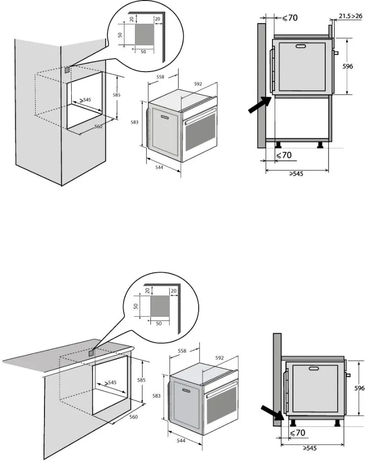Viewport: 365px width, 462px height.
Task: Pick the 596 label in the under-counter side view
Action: [x=359, y=389]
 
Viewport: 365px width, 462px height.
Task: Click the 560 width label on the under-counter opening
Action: [x=133, y=417]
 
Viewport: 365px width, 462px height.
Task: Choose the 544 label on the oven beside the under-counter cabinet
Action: [x=181, y=441]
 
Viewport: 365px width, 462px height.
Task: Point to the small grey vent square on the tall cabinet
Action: [x=68, y=70]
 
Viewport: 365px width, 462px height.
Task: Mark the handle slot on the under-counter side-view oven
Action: [x=314, y=368]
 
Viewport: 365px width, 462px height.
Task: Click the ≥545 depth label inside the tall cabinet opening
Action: [x=84, y=100]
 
